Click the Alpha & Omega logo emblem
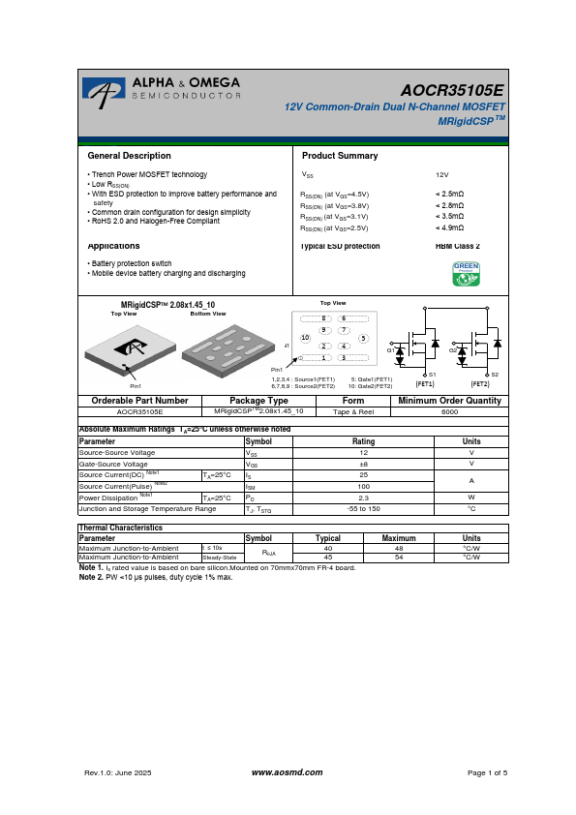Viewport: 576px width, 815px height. tap(101, 92)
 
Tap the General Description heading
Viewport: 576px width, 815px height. tap(129, 156)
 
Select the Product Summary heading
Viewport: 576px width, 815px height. tap(340, 156)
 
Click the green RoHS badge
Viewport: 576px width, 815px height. tap(466, 274)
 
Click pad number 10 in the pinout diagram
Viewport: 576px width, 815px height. tap(304, 338)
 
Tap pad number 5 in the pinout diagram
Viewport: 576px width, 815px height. tap(362, 338)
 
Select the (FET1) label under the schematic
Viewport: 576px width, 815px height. tap(424, 384)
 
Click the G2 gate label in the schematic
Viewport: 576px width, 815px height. tap(452, 349)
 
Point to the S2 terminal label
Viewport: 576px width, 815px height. tap(495, 375)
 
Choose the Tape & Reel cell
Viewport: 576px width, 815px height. tap(353, 411)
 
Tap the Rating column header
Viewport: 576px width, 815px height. tap(363, 441)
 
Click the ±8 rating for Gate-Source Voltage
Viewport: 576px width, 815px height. tap(363, 464)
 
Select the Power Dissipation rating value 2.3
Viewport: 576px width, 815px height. tap(363, 498)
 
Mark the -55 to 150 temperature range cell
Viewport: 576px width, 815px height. tap(363, 508)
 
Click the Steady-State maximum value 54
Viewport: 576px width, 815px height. tap(398, 558)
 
